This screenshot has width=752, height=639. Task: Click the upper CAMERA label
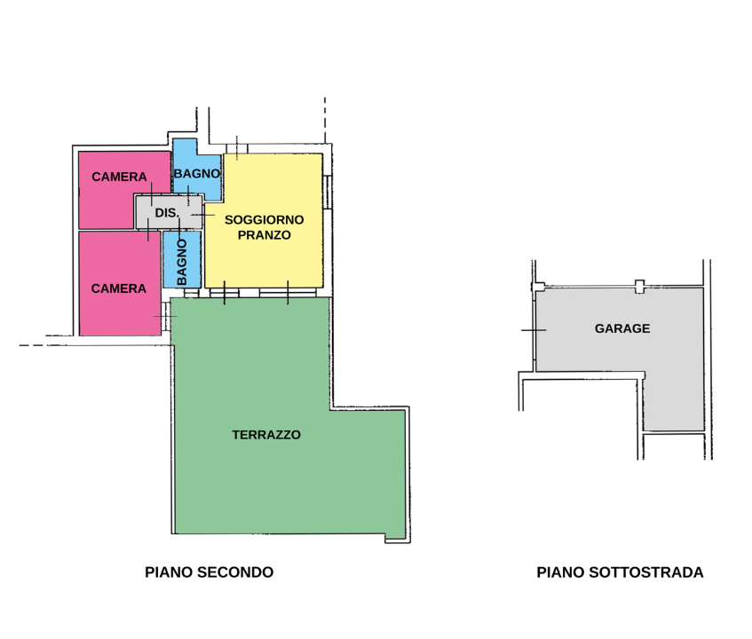pyautogui.click(x=119, y=177)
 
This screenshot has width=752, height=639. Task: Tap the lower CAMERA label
pyautogui.click(x=119, y=288)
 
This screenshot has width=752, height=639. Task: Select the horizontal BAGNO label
pyautogui.click(x=196, y=173)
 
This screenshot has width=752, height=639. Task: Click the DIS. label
pyautogui.click(x=167, y=214)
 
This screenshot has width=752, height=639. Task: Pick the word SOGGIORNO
pyautogui.click(x=264, y=219)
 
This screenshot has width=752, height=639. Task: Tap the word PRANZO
pyautogui.click(x=264, y=235)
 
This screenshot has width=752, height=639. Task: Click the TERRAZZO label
pyautogui.click(x=266, y=435)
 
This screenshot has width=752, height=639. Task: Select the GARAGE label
pyautogui.click(x=621, y=328)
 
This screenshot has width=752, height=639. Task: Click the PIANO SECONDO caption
pyautogui.click(x=209, y=572)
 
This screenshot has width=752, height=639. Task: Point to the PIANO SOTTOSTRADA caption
pyautogui.click(x=620, y=572)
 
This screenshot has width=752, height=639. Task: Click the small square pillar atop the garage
pyautogui.click(x=639, y=286)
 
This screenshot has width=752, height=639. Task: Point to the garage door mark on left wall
pyautogui.click(x=534, y=330)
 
